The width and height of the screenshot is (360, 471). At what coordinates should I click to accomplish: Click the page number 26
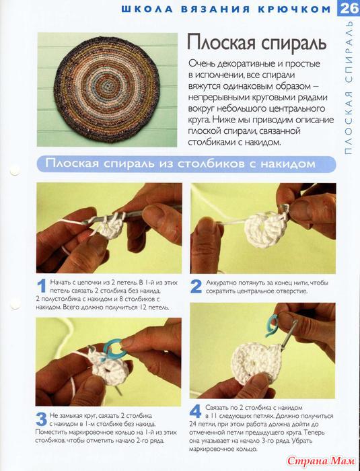pos(349,8)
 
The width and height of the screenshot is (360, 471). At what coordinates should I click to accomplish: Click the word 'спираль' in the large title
pos(293,43)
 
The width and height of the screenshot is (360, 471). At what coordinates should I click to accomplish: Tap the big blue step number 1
pos(42,286)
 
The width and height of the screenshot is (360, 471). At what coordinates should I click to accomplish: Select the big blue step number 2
pos(196,287)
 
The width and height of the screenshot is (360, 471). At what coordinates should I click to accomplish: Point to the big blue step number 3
pos(42,419)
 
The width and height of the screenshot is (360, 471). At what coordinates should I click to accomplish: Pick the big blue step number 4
pos(196,411)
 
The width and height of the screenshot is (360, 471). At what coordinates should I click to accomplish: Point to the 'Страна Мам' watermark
pos(321,461)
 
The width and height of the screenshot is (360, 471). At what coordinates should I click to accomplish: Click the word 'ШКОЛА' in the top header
pos(147,9)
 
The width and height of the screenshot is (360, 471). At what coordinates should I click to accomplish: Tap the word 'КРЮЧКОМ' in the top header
pos(294,9)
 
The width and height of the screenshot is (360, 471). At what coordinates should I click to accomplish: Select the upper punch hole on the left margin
pos(15,170)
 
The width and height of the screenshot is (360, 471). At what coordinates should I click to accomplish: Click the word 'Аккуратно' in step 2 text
pos(221,283)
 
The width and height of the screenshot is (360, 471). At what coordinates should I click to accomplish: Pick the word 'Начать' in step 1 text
pos(59,283)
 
